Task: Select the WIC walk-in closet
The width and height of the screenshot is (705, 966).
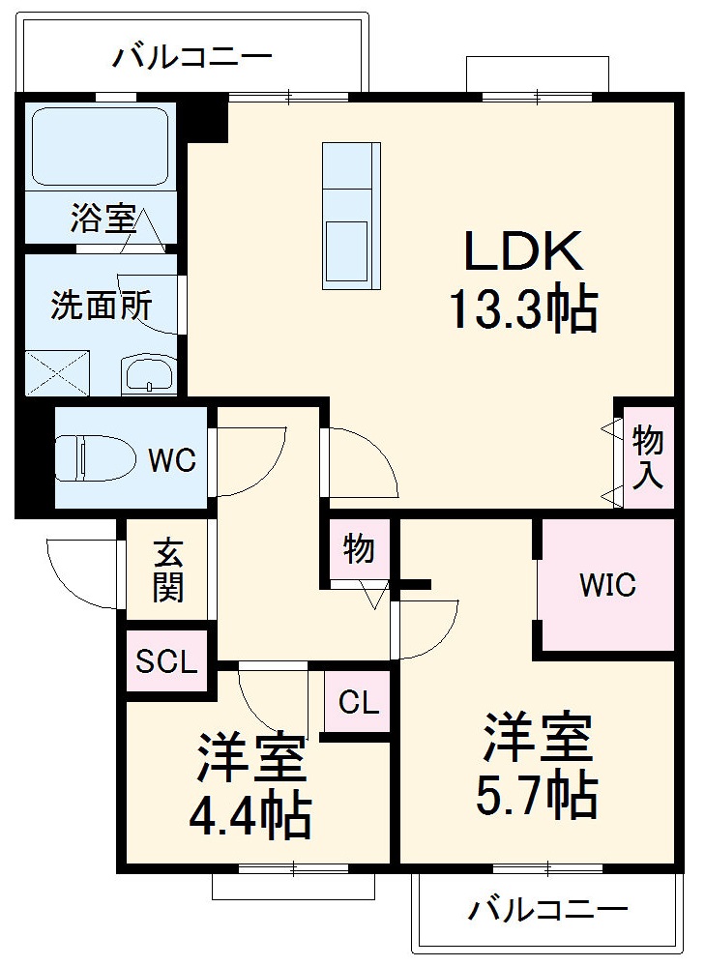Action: [x=607, y=585]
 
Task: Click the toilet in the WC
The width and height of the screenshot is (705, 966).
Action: [x=93, y=458]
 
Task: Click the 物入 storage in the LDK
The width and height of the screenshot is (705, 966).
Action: [x=647, y=457]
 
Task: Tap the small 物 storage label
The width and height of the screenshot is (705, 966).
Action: [x=359, y=550]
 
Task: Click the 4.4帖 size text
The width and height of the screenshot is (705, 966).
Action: [x=250, y=814]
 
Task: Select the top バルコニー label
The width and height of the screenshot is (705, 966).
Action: [x=192, y=56]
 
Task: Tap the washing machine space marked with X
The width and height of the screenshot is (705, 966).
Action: [x=56, y=372]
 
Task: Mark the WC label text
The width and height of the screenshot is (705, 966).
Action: [x=172, y=460]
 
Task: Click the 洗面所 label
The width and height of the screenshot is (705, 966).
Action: [x=101, y=307]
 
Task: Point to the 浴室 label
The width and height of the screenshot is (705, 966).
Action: [x=101, y=220]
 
